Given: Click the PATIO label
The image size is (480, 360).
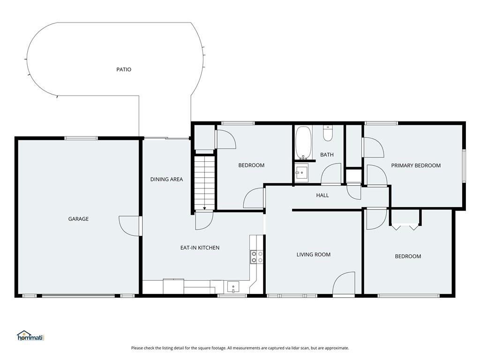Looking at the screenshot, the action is pos(124,69).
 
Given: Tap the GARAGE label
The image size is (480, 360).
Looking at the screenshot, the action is pos(78,219).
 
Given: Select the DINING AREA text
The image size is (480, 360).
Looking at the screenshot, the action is pos(166,180).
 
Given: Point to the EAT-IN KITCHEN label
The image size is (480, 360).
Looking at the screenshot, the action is pos(200,247).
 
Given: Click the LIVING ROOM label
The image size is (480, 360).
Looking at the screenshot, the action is pos(314,255).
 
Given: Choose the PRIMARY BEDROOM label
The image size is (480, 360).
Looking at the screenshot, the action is pos(416,165).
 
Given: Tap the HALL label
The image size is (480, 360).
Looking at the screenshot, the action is pos(322,195).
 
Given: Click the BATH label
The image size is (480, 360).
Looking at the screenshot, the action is pos(327,155).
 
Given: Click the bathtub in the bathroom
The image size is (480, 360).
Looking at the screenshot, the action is pos(303,143).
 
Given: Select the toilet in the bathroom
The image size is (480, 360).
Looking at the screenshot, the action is pos(328,134).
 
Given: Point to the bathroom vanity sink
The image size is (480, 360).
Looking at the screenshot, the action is pos(302,172).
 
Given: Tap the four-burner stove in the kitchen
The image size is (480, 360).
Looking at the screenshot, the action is pos(257,257).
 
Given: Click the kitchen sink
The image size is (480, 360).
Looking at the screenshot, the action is pos(233,287).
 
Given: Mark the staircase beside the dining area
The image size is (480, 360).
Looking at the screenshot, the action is pos(204,183).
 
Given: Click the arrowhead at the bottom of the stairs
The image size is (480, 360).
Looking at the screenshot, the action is pos(204,209).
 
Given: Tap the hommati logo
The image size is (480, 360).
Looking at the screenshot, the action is pos(31,336).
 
